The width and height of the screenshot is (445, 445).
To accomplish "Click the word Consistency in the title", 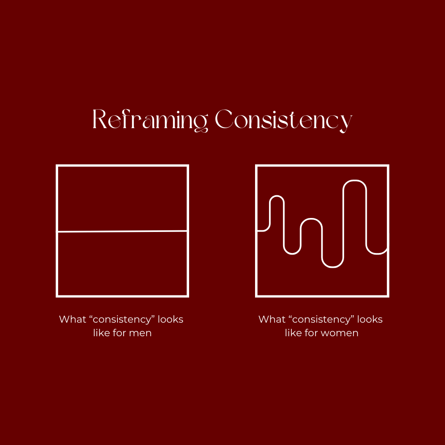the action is click(283, 120).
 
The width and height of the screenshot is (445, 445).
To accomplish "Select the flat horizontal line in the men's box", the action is click(122, 231).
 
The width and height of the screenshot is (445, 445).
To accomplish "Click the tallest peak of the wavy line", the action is click(355, 181).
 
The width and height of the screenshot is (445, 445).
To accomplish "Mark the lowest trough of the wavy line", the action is click(333, 267).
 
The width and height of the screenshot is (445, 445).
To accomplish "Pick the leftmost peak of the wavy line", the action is click(277, 196).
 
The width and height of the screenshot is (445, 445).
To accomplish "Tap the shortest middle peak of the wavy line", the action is click(311, 219).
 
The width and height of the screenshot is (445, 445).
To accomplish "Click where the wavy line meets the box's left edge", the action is click(257, 231).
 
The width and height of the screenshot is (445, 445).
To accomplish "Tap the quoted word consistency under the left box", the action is click(122, 320).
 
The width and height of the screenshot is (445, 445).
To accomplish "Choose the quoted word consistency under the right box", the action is click(321, 320).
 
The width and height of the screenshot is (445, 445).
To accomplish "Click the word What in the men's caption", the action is click(72, 319).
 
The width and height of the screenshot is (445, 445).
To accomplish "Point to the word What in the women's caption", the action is click(272, 319).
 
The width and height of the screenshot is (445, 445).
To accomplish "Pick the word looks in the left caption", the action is click(170, 319).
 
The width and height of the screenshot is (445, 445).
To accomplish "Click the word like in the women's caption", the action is click(293, 333).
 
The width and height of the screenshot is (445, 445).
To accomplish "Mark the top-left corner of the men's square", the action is click(57, 166).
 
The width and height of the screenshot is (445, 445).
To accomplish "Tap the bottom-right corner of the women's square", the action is click(388, 295).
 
